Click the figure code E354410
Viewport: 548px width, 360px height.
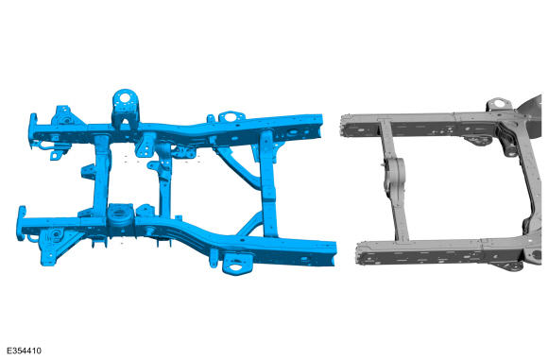[x=24, y=351]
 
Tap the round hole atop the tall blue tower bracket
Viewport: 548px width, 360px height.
[x=125, y=97]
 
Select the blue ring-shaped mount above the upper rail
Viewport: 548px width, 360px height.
[x=231, y=116]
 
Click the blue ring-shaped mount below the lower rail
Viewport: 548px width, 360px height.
[x=237, y=265]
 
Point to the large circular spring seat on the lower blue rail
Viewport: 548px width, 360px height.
[x=121, y=214]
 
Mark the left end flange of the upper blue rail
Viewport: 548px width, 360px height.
[x=33, y=129]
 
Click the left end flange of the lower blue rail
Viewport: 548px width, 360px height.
[x=22, y=223]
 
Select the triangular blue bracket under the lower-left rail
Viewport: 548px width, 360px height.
[x=52, y=246]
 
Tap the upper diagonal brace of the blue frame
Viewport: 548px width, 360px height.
[x=238, y=168]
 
